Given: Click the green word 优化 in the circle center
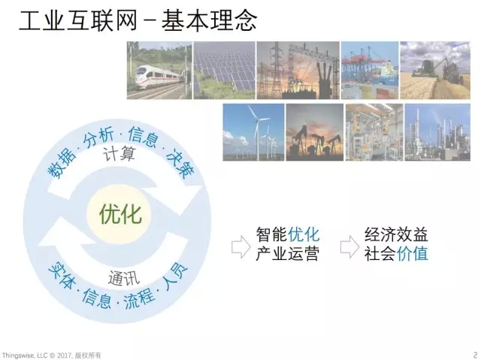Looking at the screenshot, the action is point(120,214).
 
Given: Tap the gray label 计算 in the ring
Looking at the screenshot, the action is point(119,154).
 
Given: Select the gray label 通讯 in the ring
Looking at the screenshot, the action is point(123,278).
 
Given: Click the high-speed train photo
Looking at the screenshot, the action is point(159,71).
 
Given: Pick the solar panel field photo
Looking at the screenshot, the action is point(224,71).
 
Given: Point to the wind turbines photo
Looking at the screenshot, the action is point(253,132).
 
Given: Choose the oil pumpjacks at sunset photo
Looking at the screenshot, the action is point(315,132).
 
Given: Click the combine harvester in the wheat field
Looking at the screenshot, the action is point(435,71).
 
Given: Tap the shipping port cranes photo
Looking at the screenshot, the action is point(370,71).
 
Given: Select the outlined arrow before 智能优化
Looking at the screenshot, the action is point(240,247).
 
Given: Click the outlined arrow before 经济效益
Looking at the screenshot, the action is point(349,247).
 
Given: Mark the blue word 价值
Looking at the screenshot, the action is point(413,254).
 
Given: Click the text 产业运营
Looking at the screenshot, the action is point(287,254).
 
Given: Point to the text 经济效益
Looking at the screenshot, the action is point(396,234).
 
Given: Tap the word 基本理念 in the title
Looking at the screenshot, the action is point(209,21).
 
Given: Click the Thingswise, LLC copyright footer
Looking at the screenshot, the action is point(52,355).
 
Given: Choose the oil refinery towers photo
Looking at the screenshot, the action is point(437,132).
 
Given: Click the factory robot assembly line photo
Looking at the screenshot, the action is point(374,132).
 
